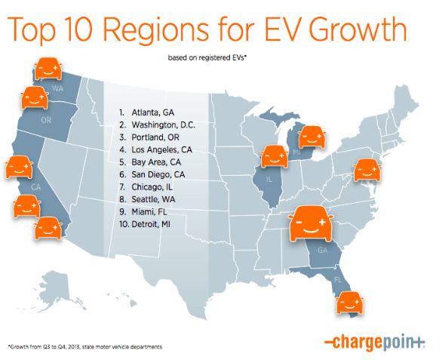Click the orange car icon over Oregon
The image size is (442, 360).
tap(34, 99)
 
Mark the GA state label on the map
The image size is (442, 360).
tap(324, 250)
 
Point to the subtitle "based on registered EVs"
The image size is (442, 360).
tap(210, 57)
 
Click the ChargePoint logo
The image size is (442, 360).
tap(376, 342)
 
